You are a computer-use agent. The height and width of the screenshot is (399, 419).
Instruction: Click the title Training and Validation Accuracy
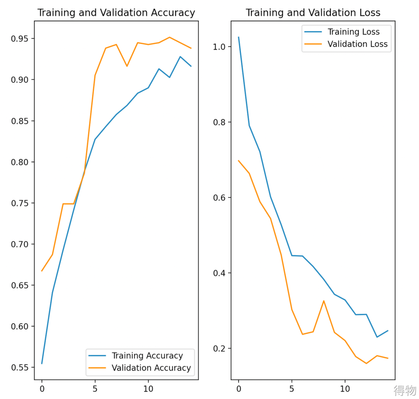point(116,13)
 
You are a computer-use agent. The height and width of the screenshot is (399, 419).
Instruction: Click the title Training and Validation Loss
point(313,13)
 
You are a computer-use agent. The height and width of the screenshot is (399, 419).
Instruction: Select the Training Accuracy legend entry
point(147,355)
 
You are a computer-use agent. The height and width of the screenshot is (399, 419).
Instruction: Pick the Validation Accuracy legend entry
point(151,368)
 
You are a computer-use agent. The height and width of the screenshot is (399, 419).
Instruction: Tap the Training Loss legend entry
point(353,32)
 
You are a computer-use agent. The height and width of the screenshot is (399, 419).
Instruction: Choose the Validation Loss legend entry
point(357,44)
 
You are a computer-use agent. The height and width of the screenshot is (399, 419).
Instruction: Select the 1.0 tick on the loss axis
point(220,47)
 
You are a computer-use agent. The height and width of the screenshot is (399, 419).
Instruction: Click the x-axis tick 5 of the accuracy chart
point(95,389)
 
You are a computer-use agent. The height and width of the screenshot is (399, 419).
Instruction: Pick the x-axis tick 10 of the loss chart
point(345,389)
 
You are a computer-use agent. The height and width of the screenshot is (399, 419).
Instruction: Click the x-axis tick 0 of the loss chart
point(239,389)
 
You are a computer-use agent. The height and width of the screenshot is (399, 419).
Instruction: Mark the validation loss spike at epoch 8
point(324,301)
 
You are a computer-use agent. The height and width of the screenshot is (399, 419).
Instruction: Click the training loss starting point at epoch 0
point(239,37)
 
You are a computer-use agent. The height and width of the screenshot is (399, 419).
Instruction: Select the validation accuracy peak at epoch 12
point(170,37)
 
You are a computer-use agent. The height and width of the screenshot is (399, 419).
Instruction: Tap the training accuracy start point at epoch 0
point(42,364)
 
